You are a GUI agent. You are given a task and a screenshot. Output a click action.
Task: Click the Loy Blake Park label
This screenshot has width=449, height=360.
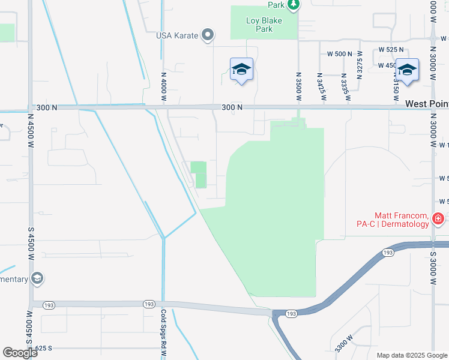point(264,25)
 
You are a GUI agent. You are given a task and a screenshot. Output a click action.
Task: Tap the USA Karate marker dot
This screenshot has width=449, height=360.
point(208,35)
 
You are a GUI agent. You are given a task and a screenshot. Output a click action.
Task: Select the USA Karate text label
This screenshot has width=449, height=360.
point(177,35)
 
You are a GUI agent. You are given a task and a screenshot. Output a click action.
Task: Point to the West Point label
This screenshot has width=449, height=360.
point(426,104)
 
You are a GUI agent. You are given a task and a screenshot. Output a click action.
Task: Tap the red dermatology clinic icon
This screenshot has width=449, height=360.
point(439,219)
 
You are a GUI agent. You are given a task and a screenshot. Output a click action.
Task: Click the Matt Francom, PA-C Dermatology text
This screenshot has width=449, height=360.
point(402,220)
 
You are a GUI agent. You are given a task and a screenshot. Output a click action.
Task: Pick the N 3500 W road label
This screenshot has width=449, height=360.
point(298,86)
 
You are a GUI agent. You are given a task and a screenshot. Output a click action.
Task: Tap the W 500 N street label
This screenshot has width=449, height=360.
point(340,53)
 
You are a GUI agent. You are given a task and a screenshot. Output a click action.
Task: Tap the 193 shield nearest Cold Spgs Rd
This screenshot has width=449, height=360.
point(149,305)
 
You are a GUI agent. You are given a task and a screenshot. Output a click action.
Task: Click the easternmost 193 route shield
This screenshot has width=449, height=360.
point(388,253)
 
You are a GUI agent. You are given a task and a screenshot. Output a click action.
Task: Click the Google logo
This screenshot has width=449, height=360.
point(20,353)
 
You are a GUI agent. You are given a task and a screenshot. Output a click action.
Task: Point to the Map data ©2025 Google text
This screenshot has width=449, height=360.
point(412,355)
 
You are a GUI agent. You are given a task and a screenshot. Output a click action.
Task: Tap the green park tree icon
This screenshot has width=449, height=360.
point(293,5)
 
